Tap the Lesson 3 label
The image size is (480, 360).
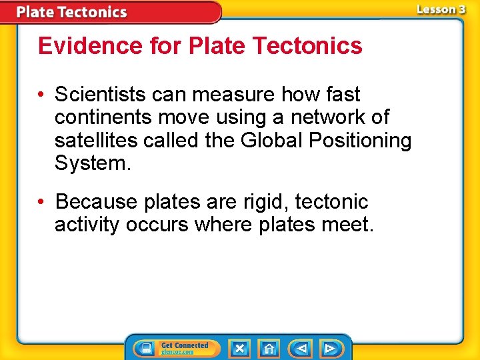tap(441, 9)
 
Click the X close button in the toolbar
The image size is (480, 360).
tap(239, 348)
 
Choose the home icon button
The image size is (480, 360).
tap(269, 348)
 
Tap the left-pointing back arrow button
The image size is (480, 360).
tap(301, 348)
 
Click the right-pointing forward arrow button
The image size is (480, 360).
tap(330, 348)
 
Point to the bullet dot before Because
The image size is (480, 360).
tap(43, 202)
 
